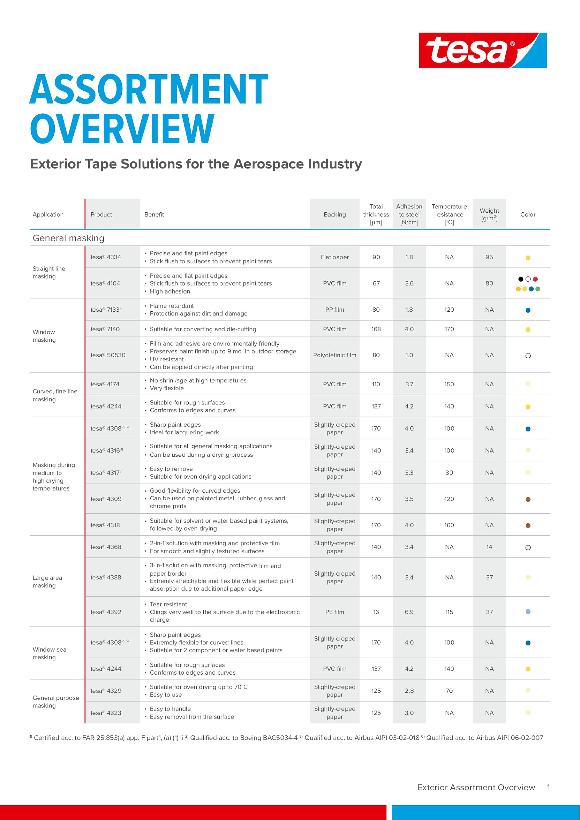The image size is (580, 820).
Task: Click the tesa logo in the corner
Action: click(x=483, y=50)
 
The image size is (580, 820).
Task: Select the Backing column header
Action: click(x=334, y=215)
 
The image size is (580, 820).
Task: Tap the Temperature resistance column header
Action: click(x=449, y=215)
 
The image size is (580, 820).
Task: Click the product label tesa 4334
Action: click(x=106, y=257)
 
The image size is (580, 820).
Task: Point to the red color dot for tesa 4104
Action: click(x=535, y=279)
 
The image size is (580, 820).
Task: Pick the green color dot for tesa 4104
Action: click(x=538, y=289)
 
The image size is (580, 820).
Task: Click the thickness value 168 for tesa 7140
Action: click(x=376, y=329)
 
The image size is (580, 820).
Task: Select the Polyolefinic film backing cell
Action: click(x=334, y=355)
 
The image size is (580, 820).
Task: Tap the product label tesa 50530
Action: click(x=108, y=355)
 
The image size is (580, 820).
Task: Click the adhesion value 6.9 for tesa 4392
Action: click(x=409, y=612)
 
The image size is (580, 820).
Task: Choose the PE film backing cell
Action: click(x=334, y=612)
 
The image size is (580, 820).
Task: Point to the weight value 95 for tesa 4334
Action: click(x=489, y=257)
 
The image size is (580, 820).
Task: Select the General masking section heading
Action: click(x=69, y=238)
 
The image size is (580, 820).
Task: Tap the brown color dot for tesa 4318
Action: click(x=528, y=526)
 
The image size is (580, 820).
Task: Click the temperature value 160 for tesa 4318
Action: click(x=449, y=525)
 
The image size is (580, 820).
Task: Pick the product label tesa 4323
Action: click(x=106, y=713)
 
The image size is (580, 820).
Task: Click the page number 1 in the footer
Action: click(x=548, y=787)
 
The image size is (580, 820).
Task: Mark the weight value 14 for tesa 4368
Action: click(x=489, y=547)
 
